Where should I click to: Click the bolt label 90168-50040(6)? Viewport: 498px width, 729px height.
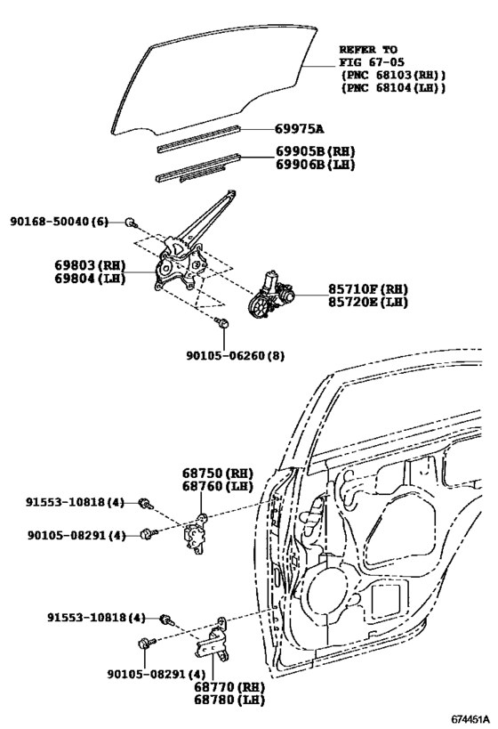(60, 221)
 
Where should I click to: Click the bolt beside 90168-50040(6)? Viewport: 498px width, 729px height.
(130, 221)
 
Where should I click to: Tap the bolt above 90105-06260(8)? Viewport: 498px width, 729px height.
(223, 324)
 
